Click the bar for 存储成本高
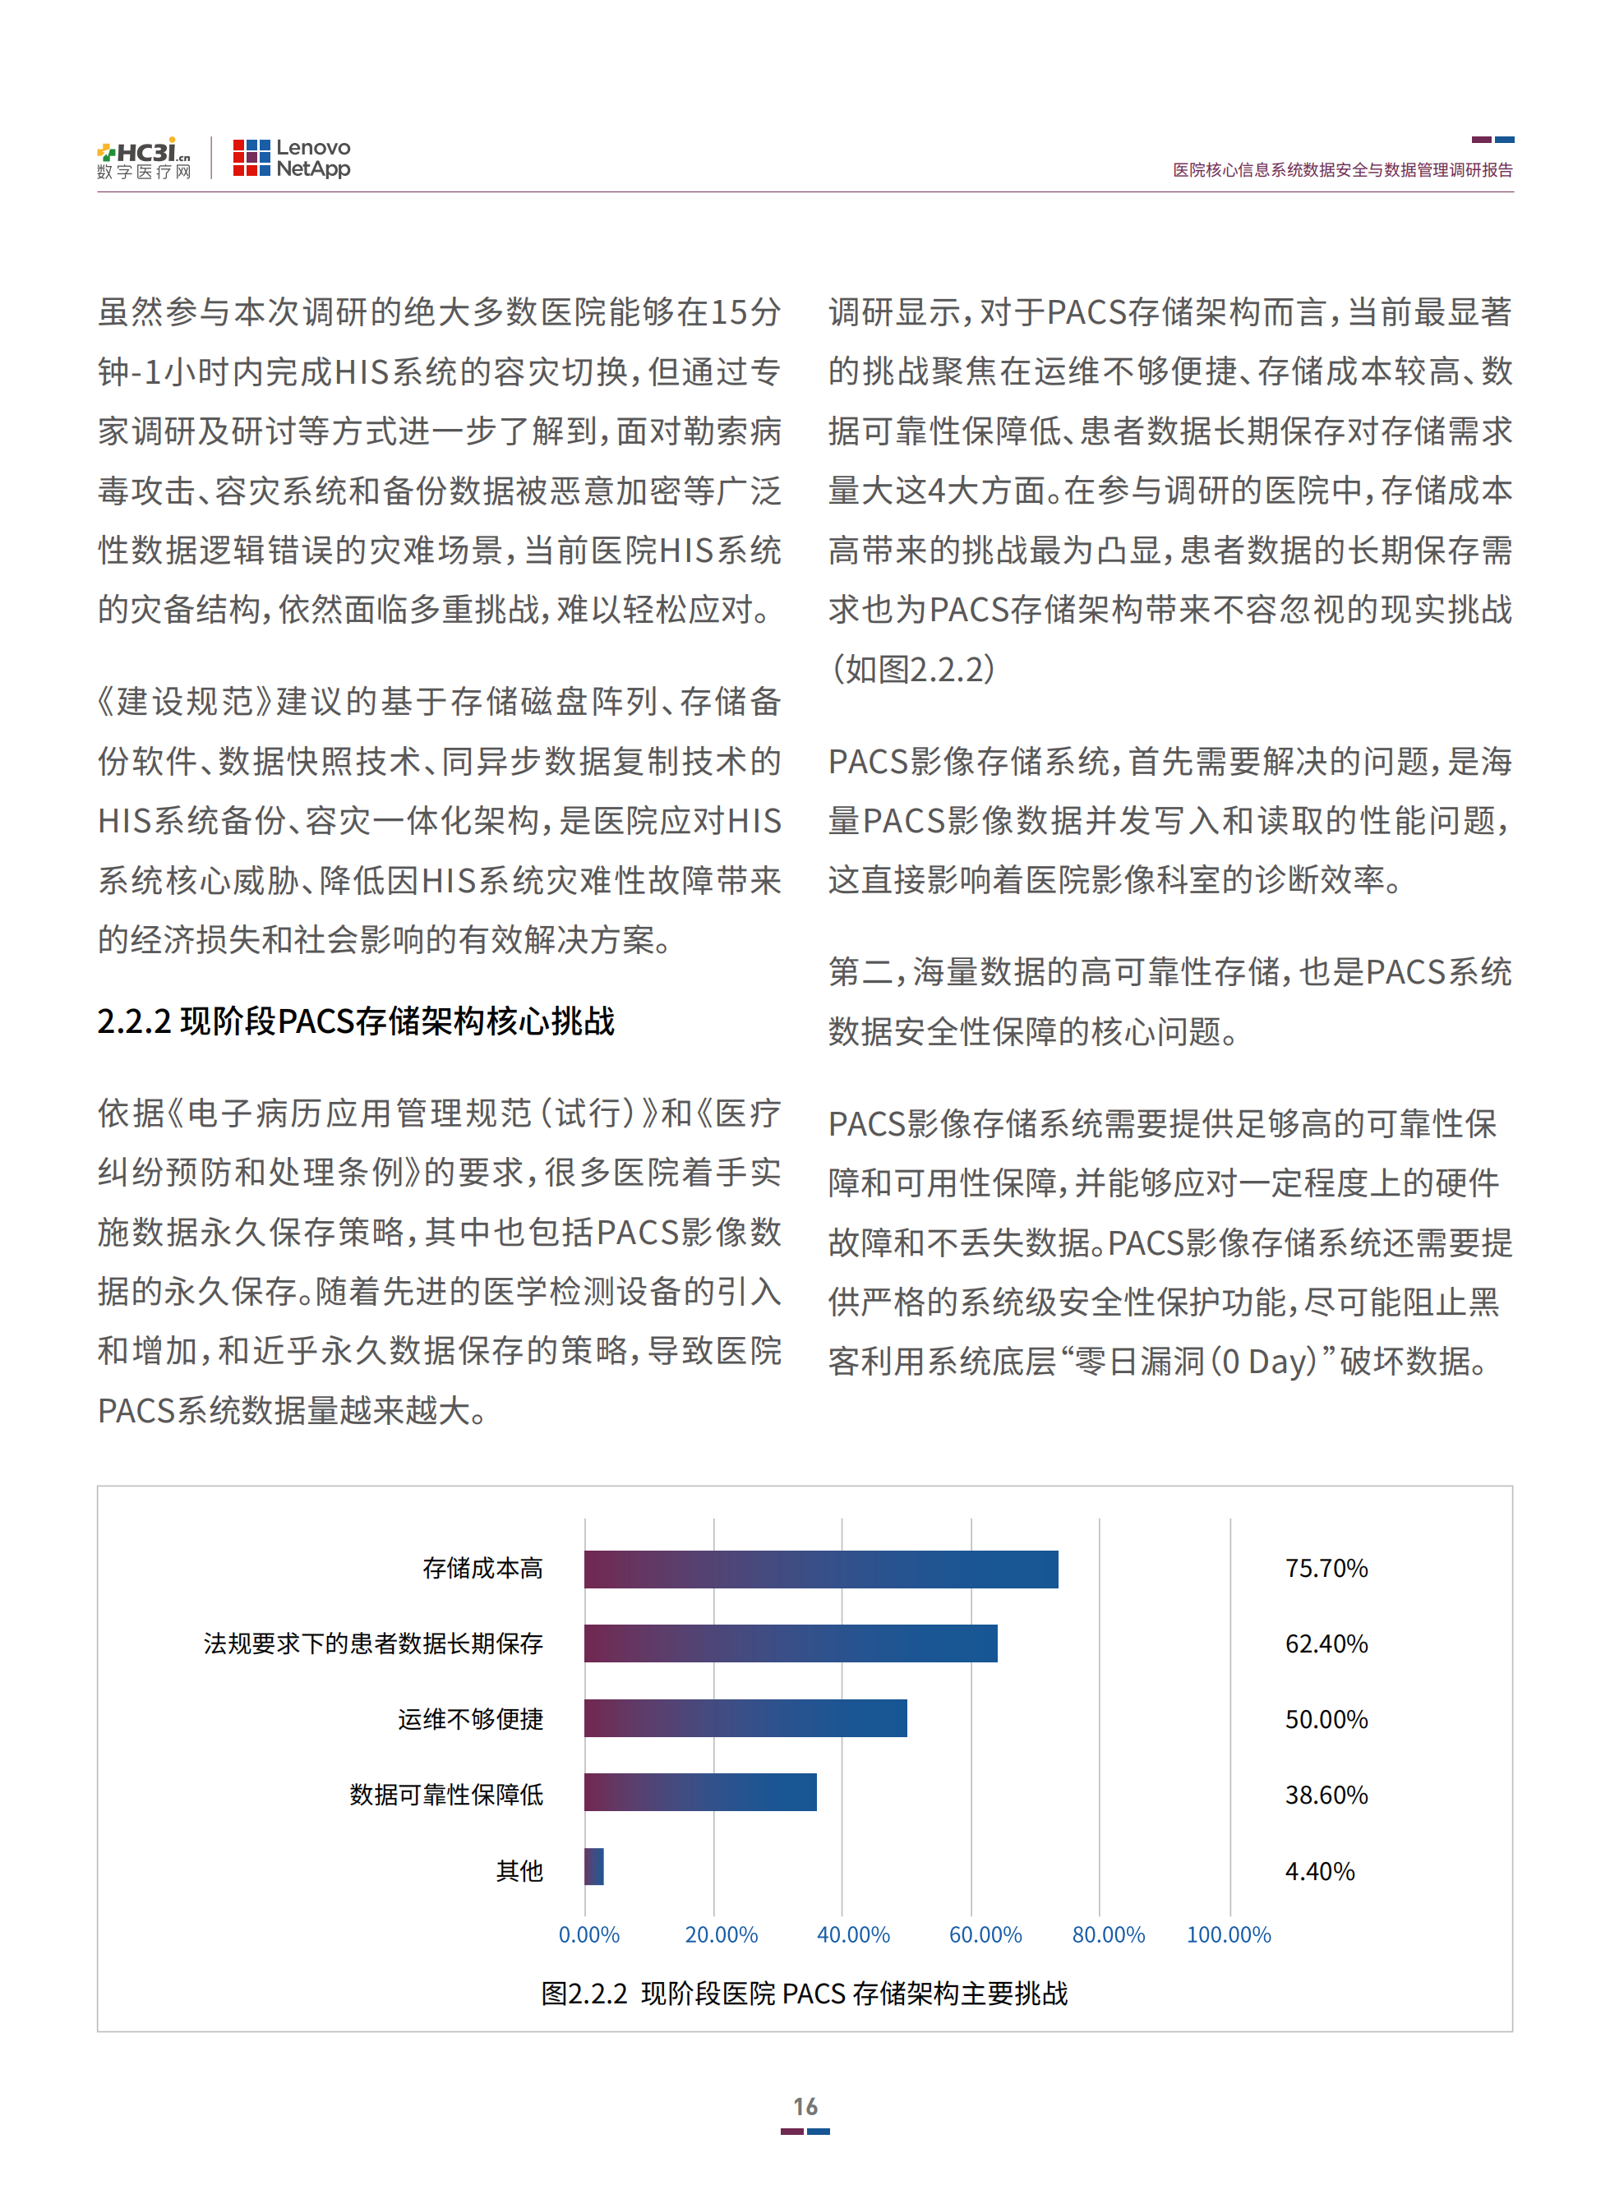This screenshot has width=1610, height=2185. tap(820, 1569)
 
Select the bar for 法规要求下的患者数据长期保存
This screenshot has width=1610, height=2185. tap(791, 1643)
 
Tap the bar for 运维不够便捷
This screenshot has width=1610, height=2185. tap(745, 1718)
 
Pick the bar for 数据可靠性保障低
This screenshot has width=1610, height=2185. tap(699, 1792)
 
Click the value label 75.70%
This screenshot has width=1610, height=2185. tap(1326, 1568)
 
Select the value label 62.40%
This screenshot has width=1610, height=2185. tap(1326, 1644)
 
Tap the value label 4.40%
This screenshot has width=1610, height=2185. tap(1320, 1871)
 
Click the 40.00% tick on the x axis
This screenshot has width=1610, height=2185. tap(853, 1934)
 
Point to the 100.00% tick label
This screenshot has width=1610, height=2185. tap(1228, 1934)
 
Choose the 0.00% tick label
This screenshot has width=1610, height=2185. tap(588, 1934)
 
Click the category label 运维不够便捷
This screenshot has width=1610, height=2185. tap(470, 1719)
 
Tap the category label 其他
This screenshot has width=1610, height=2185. tap(519, 1871)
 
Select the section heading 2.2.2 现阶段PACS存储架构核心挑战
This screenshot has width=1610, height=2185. tap(356, 1021)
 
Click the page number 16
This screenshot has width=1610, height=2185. tap(805, 2106)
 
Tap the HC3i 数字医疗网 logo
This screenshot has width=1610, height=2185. tap(145, 158)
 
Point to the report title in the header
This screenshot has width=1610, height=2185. tap(1342, 169)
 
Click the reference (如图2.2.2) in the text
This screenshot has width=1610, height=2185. tap(912, 670)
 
